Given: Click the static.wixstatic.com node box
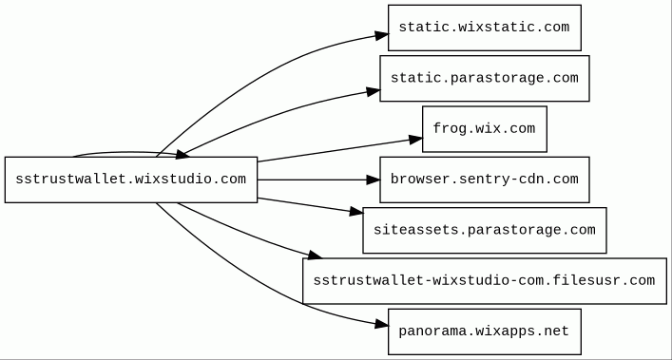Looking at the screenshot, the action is (485, 28).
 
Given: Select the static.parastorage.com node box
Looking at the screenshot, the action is (485, 78).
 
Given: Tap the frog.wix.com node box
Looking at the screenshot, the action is (485, 129).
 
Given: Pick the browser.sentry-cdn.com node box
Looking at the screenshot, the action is (485, 180).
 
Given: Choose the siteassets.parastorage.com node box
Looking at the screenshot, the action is (485, 230).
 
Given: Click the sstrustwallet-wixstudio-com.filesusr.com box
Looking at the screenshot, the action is (485, 281).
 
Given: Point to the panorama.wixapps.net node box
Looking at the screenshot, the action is (485, 332).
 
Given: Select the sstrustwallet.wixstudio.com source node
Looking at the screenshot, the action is (131, 180).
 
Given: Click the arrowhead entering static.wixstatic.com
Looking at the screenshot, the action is (382, 35).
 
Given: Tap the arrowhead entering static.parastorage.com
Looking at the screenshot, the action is (374, 91).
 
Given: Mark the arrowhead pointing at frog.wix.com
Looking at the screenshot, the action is (415, 139).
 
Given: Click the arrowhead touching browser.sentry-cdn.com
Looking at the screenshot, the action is (374, 180).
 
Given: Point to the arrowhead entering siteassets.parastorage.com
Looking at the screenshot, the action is (356, 211).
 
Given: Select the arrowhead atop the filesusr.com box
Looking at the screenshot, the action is (315, 256).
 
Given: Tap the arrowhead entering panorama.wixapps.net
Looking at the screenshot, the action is (382, 325).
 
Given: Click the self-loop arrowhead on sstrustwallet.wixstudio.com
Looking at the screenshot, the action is (182, 155).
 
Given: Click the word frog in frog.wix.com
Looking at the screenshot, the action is (450, 128).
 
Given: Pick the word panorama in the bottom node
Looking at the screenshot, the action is (432, 331).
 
